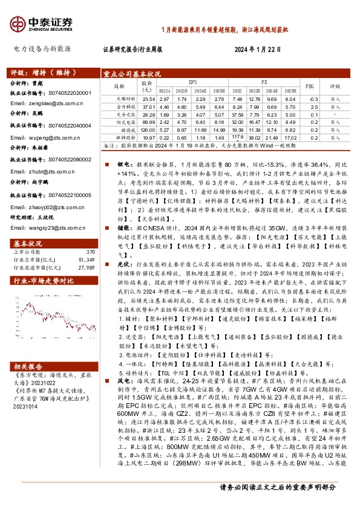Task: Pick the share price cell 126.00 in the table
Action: click(x=148, y=130)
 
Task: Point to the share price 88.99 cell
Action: click(x=148, y=122)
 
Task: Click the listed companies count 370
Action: click(x=90, y=235)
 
